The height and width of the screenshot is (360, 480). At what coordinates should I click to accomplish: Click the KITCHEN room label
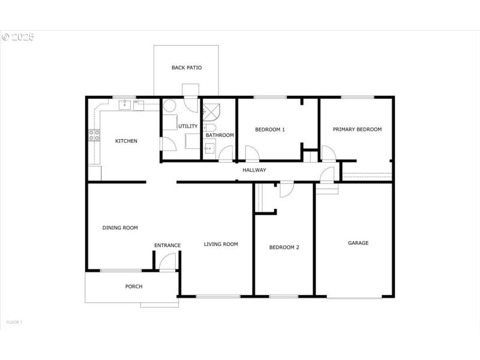(x=126, y=141)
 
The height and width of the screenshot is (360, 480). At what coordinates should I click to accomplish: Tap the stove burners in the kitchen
(x=94, y=135)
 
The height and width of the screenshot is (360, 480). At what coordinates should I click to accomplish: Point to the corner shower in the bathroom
(x=211, y=110)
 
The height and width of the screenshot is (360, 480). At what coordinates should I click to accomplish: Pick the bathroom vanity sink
(x=209, y=149)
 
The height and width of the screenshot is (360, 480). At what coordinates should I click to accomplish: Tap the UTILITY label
(x=188, y=126)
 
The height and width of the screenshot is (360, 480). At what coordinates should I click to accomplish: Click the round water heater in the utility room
(x=170, y=107)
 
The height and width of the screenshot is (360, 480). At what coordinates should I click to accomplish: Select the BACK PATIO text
(x=187, y=68)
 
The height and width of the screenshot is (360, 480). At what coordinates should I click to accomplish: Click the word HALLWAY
(x=254, y=170)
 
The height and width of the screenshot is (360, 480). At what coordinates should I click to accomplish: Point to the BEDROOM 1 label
(x=270, y=130)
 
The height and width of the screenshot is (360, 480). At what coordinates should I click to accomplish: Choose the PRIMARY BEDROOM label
(x=358, y=129)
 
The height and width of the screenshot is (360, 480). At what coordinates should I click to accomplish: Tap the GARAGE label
(x=358, y=243)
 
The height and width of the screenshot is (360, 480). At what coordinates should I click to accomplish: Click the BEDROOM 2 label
(x=284, y=247)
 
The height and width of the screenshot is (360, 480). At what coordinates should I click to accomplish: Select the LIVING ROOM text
(x=221, y=244)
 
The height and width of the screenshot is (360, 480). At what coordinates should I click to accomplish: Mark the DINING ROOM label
(x=120, y=227)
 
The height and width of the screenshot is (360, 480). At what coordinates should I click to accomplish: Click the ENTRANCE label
(x=167, y=245)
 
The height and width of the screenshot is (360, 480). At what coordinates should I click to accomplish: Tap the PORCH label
(x=134, y=287)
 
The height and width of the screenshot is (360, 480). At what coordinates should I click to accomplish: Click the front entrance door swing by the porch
(x=169, y=261)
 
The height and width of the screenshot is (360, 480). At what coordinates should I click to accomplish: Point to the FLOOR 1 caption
(x=14, y=322)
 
